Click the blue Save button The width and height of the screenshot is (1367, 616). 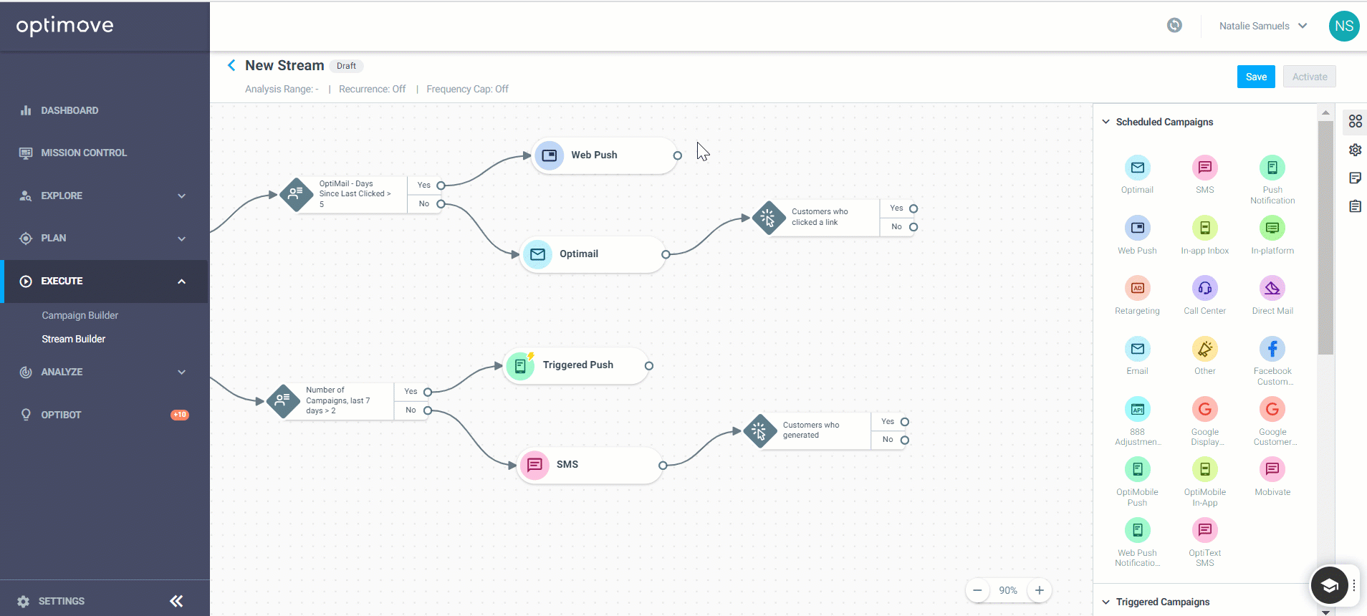[x=1256, y=77]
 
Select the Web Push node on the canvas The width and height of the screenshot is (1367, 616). [x=605, y=155]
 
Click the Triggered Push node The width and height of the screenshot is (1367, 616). [x=577, y=366]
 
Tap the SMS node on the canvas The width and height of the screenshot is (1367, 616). [x=590, y=465]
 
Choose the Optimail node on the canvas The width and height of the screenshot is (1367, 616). [x=593, y=254]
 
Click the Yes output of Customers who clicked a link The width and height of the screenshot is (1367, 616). [x=913, y=208]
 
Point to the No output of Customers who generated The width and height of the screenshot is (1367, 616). [x=905, y=440]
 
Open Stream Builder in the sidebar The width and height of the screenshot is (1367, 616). [x=73, y=339]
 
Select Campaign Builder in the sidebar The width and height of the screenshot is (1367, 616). [x=80, y=315]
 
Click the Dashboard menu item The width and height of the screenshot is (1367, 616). [x=69, y=110]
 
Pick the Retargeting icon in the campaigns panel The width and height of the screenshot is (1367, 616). [x=1137, y=288]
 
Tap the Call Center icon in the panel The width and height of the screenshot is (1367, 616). [x=1205, y=288]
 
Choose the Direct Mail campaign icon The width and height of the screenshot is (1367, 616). [x=1272, y=288]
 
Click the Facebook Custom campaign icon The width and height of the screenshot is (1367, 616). [x=1272, y=349]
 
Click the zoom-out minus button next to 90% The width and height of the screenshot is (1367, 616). [x=977, y=590]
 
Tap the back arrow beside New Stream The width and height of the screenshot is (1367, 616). [x=231, y=65]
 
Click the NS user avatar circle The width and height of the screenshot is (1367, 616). [x=1344, y=26]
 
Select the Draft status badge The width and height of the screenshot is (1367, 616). [x=346, y=66]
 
